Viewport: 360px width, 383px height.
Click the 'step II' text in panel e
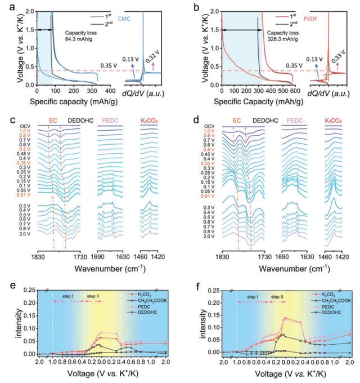click(x=93, y=295)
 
